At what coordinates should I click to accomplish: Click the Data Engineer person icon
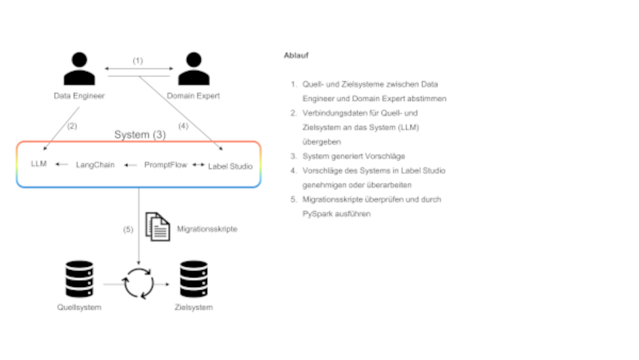(x=79, y=69)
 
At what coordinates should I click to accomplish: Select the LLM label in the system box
(x=39, y=164)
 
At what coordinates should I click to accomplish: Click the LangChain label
(x=95, y=165)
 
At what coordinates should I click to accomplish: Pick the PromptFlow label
(x=166, y=165)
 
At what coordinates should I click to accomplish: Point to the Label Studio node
(x=230, y=166)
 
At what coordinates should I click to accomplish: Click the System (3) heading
(x=140, y=135)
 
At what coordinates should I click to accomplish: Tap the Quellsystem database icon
(x=79, y=279)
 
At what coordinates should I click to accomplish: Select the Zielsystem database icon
(x=193, y=279)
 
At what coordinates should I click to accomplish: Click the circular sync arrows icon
(x=138, y=283)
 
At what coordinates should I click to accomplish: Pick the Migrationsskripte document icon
(x=158, y=226)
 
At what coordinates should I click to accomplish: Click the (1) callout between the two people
(x=138, y=61)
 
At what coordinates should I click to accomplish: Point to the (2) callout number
(x=72, y=126)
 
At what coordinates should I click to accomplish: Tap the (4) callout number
(x=183, y=126)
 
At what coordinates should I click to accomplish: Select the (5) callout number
(x=128, y=230)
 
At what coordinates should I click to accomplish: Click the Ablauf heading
(x=297, y=55)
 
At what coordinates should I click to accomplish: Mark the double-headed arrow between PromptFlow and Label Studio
(x=198, y=165)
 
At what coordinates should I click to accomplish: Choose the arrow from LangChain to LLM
(x=62, y=165)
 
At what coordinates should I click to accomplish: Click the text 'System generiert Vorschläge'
(x=354, y=156)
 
